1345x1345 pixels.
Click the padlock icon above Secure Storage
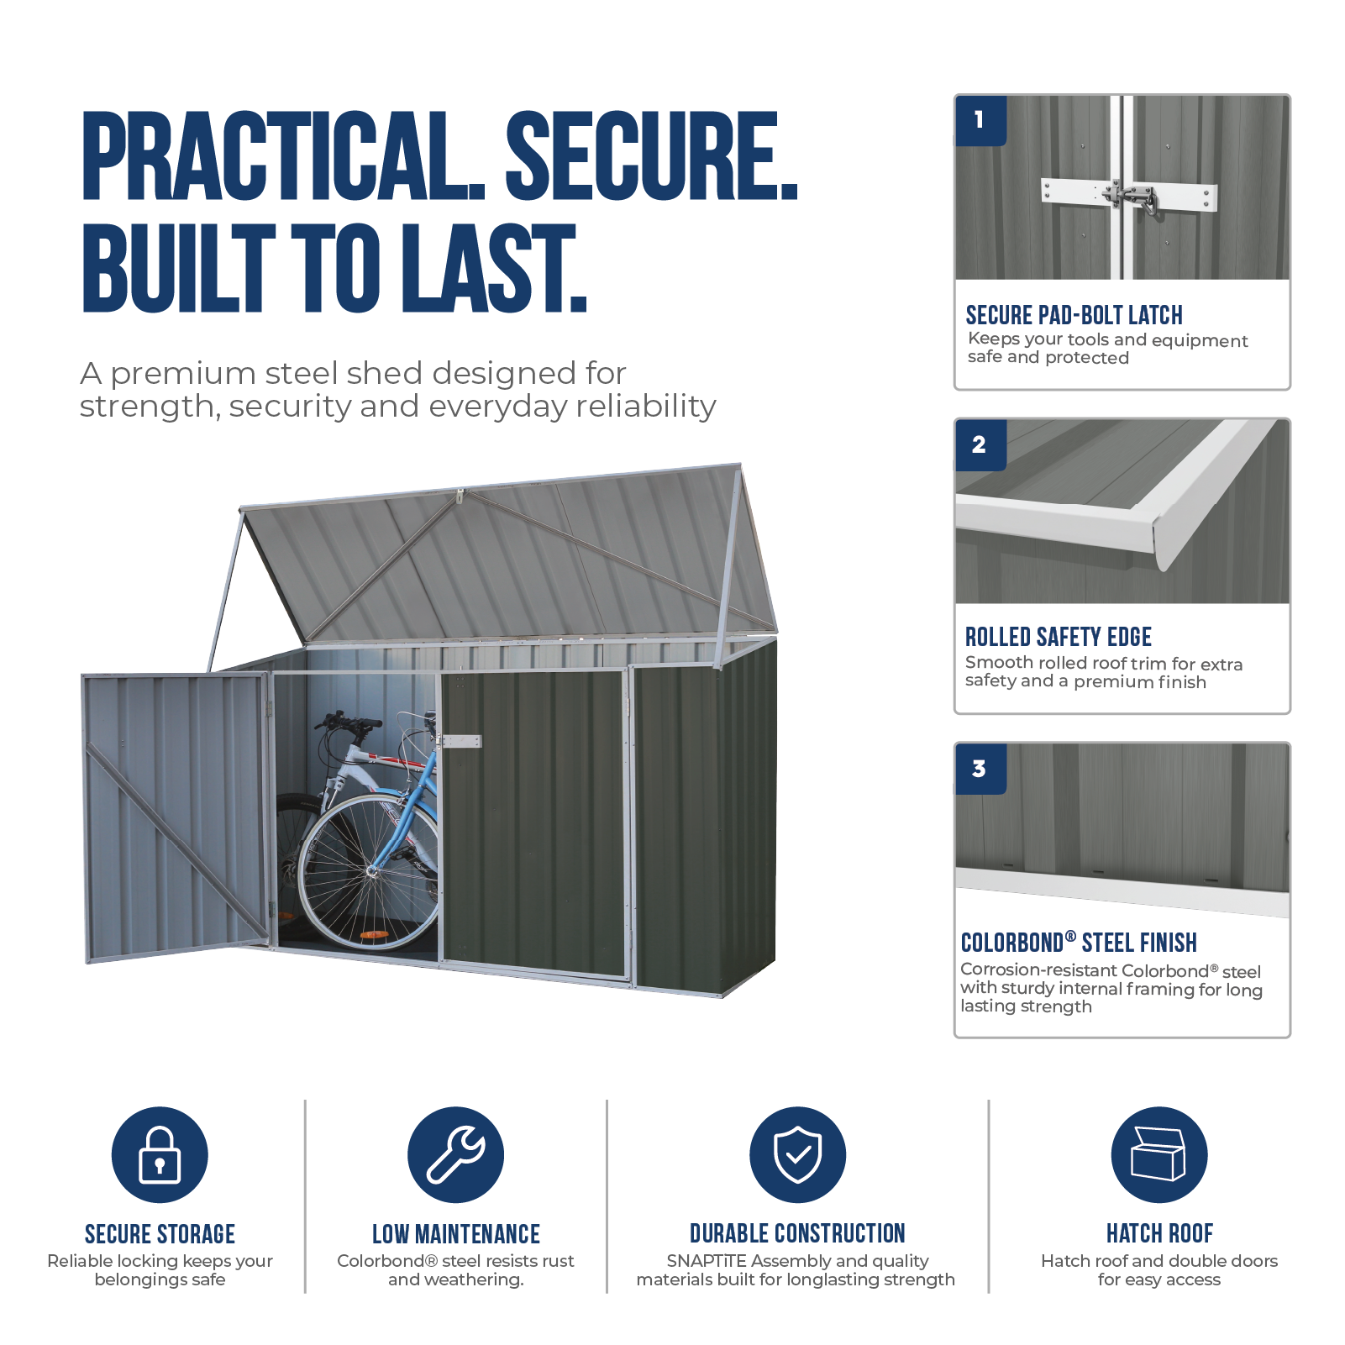click(160, 1154)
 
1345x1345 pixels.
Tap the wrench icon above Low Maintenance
click(455, 1154)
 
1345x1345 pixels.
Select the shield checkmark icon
click(797, 1154)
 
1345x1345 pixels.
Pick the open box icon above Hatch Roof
click(1158, 1154)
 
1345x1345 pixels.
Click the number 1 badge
click(980, 120)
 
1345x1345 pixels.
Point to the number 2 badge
click(980, 444)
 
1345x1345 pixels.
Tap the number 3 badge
click(980, 769)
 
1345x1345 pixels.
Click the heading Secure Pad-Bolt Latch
click(1074, 315)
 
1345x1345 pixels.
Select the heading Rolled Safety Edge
click(1058, 637)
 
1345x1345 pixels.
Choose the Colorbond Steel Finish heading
click(1079, 943)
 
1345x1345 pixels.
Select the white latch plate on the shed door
click(462, 742)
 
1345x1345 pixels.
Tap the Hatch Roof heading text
click(1159, 1233)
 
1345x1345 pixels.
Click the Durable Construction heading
click(797, 1233)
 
